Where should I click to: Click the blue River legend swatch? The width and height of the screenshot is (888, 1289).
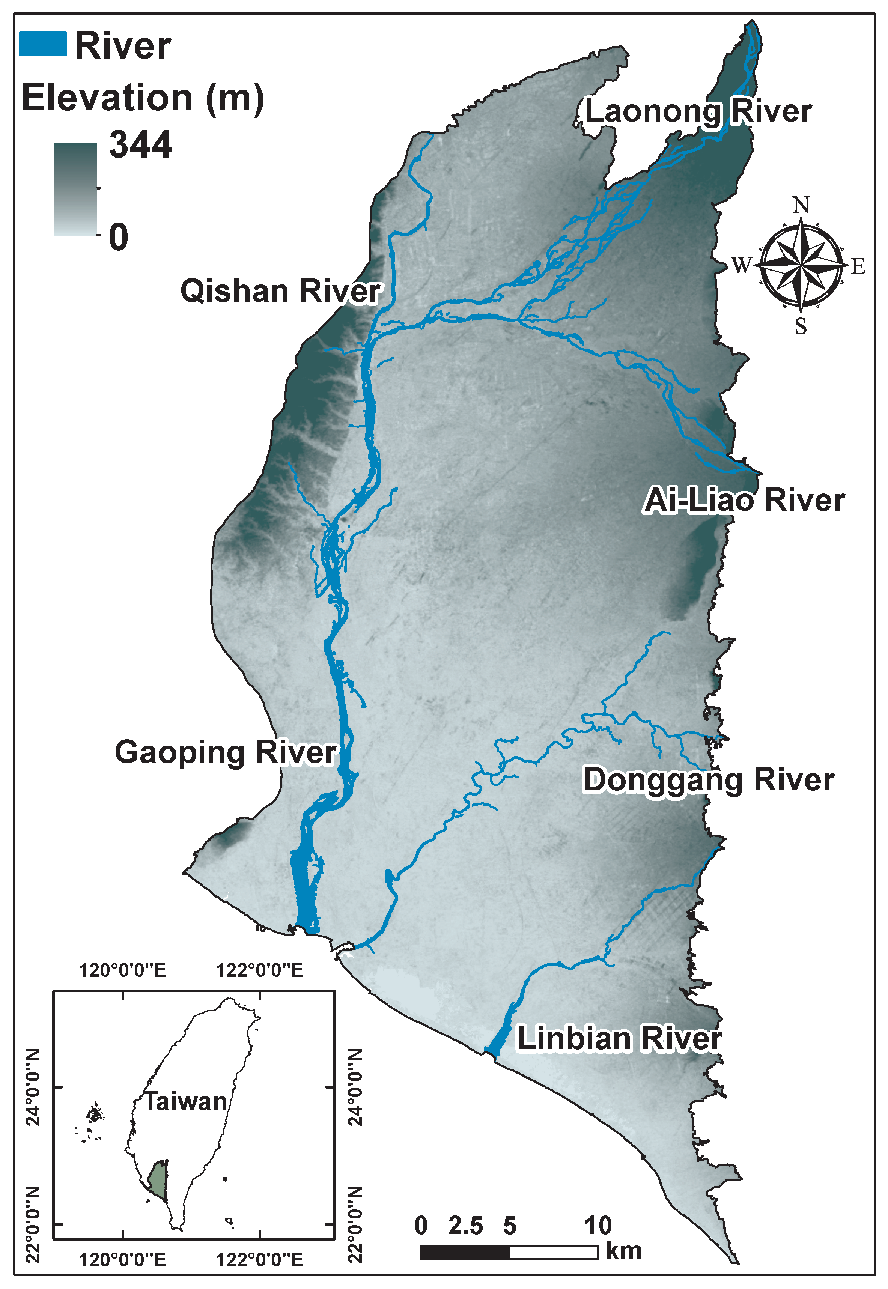43,44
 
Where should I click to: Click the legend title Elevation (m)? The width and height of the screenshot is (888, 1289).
143,98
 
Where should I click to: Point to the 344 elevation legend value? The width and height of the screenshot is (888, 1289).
140,145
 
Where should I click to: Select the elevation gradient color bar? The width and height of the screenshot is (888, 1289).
76,189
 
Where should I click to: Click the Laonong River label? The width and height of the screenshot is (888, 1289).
698,111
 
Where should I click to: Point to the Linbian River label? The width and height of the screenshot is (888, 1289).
619,1039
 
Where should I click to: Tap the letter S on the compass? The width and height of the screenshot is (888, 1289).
801,326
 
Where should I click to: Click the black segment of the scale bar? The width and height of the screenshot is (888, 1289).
465,1252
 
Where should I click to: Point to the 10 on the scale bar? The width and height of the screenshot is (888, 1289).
598,1226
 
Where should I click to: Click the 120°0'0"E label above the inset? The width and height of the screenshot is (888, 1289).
122,970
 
